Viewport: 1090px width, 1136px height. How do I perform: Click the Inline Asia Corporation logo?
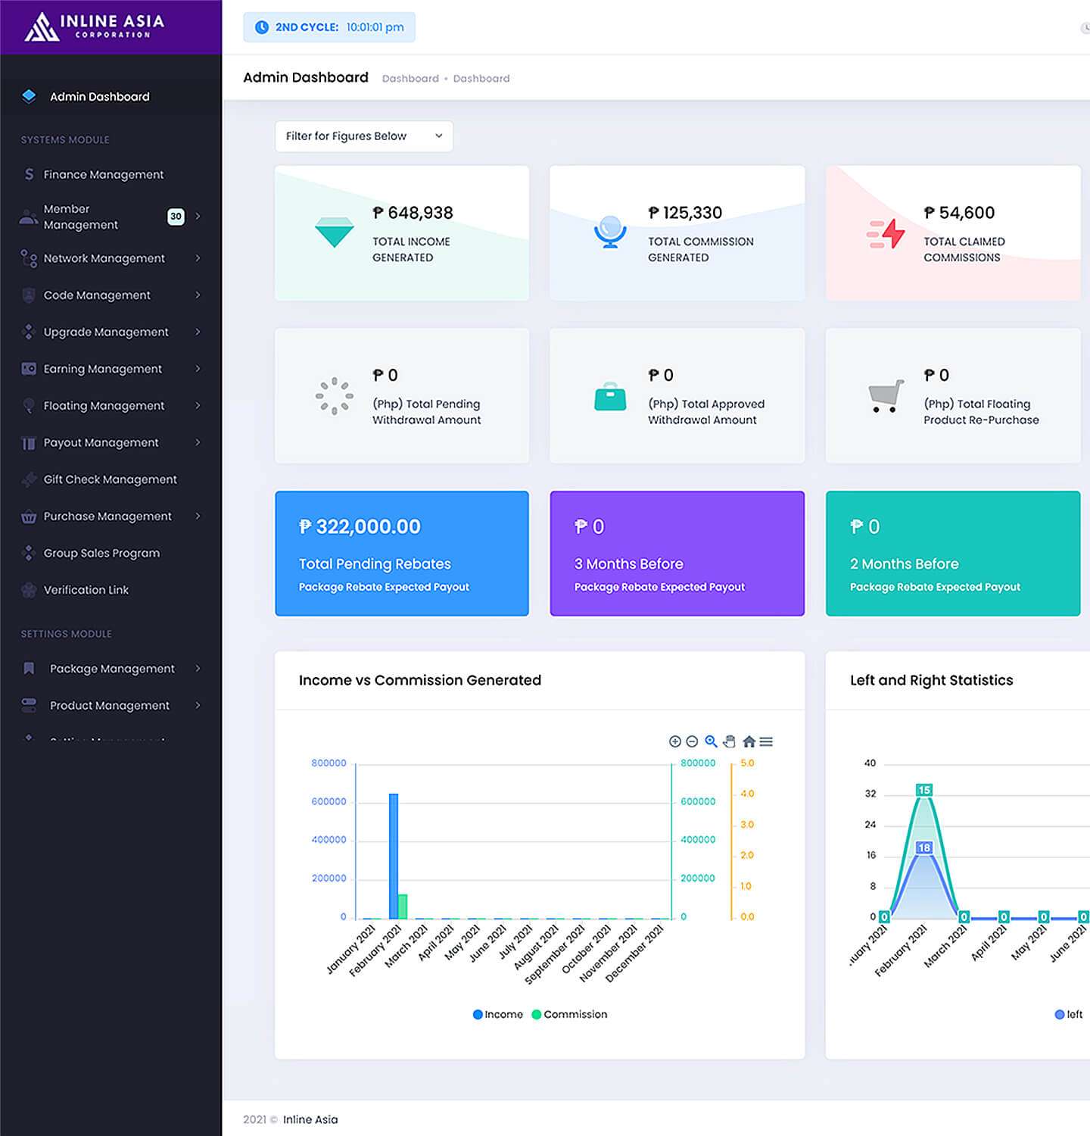tap(94, 27)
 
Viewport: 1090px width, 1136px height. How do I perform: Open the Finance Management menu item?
tap(103, 174)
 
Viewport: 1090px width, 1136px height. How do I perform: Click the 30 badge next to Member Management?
tap(176, 217)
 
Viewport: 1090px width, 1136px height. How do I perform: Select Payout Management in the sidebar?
tap(101, 442)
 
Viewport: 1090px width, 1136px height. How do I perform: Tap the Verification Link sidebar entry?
tap(86, 590)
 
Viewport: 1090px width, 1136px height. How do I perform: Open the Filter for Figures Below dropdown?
tap(363, 136)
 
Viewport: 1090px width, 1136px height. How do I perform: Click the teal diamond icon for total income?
tap(334, 232)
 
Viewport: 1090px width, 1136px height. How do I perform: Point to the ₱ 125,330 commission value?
tap(685, 213)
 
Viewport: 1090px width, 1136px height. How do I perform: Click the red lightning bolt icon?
tap(886, 233)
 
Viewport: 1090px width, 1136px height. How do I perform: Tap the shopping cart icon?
tap(886, 395)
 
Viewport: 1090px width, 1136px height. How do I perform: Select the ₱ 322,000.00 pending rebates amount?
tap(360, 526)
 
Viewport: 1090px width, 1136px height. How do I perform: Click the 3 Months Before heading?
tap(628, 563)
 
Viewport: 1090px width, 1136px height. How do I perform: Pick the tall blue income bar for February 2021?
tap(394, 856)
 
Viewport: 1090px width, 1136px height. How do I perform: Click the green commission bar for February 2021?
tap(403, 907)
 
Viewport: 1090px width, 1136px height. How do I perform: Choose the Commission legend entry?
tap(569, 1014)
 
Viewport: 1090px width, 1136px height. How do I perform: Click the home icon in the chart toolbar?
tap(749, 741)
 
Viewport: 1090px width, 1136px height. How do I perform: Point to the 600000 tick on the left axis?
tap(329, 801)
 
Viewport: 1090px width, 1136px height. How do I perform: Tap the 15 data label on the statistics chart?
tap(924, 790)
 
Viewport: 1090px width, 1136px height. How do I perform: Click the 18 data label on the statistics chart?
tap(924, 847)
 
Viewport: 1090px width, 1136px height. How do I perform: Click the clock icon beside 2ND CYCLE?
tap(262, 27)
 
